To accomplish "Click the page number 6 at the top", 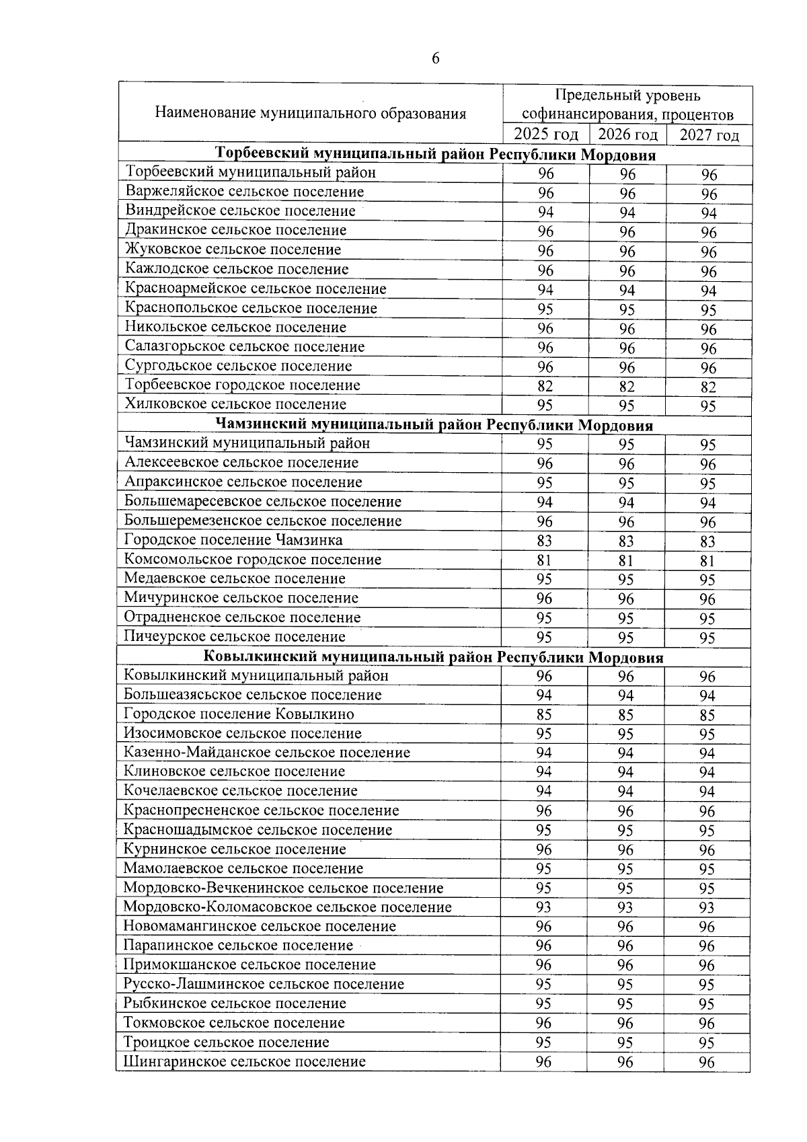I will [x=435, y=59].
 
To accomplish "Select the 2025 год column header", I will [x=545, y=135].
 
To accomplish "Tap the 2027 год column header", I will [x=709, y=135].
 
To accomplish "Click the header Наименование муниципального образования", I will [x=310, y=113].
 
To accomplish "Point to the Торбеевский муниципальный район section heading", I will [x=435, y=154].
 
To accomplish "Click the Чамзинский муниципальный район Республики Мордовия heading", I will [x=434, y=425].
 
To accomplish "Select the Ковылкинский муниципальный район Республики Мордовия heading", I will [x=433, y=657].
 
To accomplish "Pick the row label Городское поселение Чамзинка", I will [x=233, y=540].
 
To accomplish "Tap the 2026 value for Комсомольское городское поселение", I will [x=626, y=560].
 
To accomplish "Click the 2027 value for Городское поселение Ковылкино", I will [x=707, y=715].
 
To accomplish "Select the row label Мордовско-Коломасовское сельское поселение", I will [x=287, y=907].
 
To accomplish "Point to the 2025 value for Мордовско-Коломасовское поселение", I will [x=543, y=907].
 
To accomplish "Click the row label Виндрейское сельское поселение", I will [x=240, y=211].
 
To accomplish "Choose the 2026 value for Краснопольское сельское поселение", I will [x=627, y=309].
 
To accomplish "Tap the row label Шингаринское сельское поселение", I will [x=245, y=1062].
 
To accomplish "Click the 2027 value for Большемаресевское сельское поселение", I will [x=707, y=503].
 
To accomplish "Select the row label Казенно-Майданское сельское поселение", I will [x=267, y=753].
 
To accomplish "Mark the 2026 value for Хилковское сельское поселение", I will [x=627, y=406].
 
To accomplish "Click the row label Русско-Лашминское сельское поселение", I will [x=264, y=985].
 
